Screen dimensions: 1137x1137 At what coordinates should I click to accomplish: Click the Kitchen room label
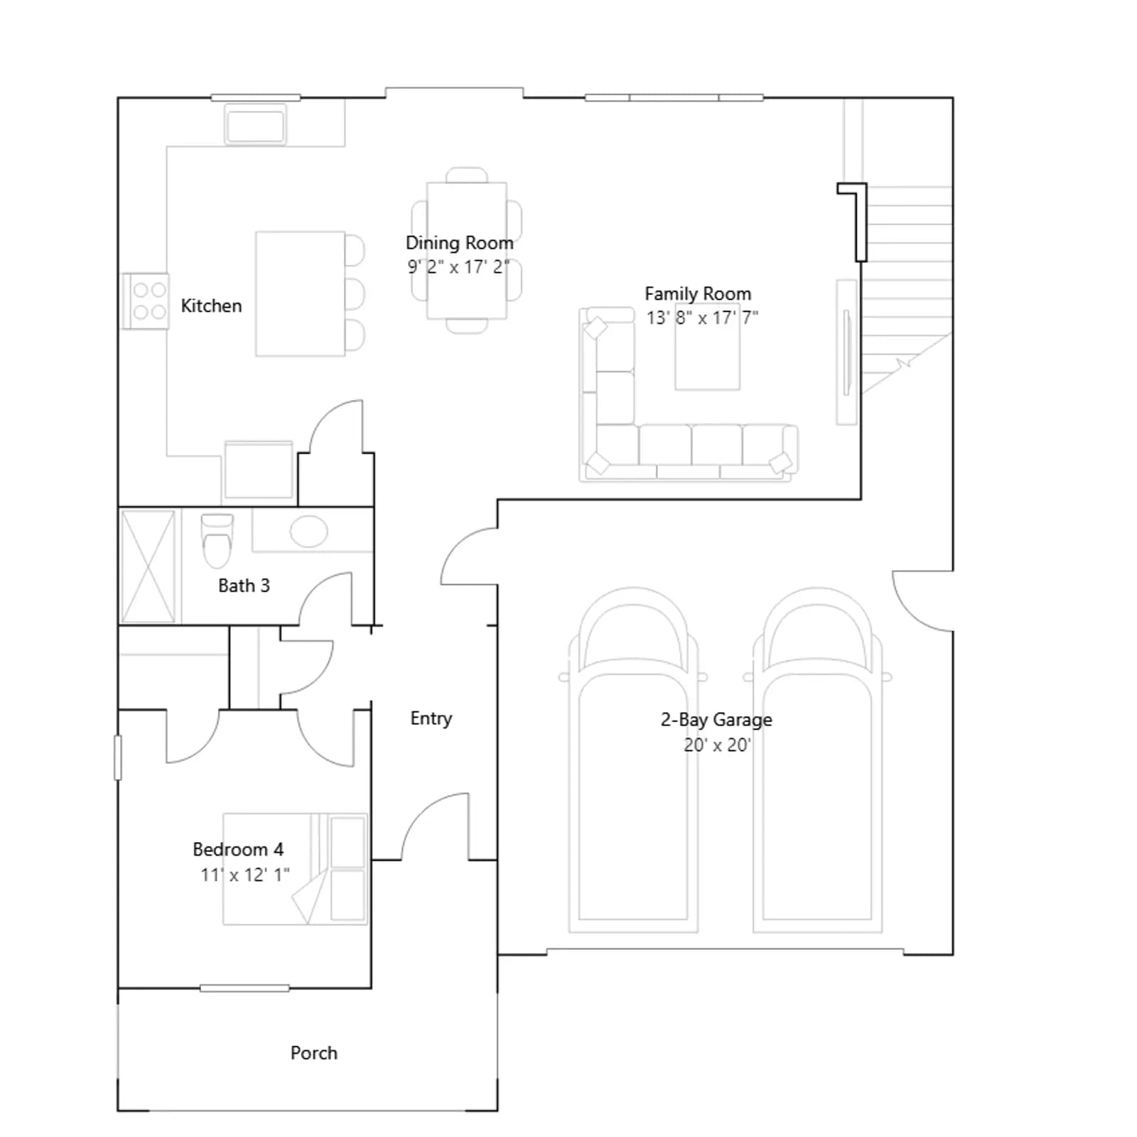point(211,306)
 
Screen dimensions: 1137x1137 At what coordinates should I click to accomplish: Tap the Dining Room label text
point(459,243)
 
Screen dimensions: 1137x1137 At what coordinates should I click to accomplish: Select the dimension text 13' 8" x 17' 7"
point(702,318)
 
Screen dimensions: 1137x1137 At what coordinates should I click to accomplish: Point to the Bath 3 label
point(244,586)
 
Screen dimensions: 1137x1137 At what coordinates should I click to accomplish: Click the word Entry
point(431,718)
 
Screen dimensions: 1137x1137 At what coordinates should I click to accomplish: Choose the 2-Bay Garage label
point(716,720)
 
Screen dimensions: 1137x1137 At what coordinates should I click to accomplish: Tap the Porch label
point(313,1052)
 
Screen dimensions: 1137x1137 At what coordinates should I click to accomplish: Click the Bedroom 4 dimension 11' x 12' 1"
point(245,875)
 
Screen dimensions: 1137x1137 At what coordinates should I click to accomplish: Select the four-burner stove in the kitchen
point(146,301)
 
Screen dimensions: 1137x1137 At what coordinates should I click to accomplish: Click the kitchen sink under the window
point(255,126)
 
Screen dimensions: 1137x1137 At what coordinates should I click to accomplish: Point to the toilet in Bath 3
point(217,540)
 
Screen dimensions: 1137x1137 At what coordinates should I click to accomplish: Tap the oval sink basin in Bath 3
point(308,531)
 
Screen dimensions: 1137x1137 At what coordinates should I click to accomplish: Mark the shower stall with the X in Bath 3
point(148,566)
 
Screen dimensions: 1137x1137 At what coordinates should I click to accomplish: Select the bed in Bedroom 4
point(295,869)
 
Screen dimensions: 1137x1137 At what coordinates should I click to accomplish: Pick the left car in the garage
point(633,759)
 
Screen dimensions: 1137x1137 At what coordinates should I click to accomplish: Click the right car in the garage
point(817,759)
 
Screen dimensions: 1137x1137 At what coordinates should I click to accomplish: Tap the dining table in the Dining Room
point(467,250)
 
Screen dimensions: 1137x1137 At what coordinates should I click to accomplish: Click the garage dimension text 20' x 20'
point(717,745)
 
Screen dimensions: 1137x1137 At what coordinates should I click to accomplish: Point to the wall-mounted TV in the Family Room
point(846,352)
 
